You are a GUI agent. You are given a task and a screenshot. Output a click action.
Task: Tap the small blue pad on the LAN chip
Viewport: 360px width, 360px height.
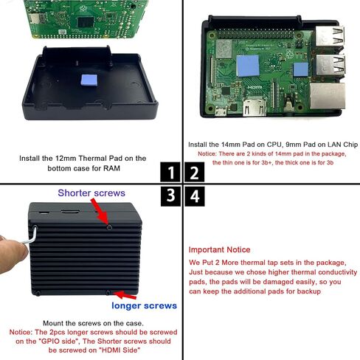tap(300, 71)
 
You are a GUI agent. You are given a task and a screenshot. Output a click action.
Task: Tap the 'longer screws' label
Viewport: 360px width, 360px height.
tap(145, 305)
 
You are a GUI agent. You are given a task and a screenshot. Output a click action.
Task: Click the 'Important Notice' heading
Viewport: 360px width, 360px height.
tap(219, 250)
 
